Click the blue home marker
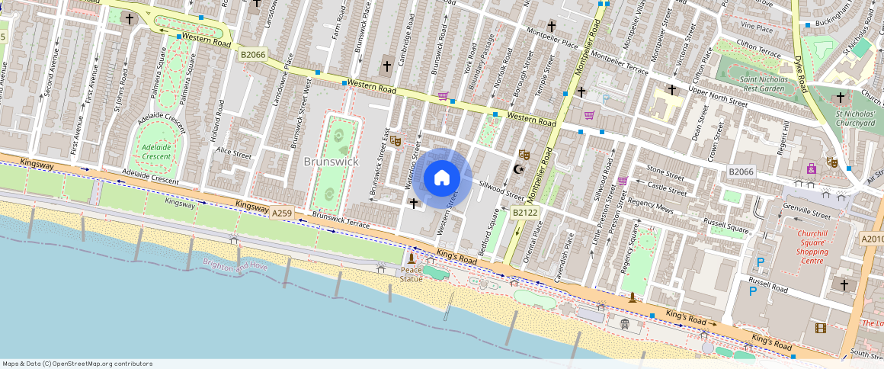click(441, 178)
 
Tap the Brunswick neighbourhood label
click(331, 162)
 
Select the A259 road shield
click(282, 214)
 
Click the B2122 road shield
click(524, 213)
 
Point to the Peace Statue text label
click(411, 274)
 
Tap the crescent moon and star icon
click(520, 168)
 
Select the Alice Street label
click(233, 154)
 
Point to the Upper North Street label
click(717, 100)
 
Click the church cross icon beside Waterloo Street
click(413, 204)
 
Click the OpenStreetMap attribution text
click(76, 364)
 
